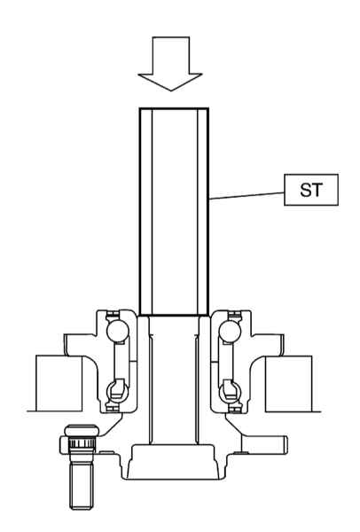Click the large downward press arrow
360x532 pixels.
coord(170,63)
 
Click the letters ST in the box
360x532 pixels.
coord(311,190)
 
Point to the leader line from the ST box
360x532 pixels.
coord(247,196)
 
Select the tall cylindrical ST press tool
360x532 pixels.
coord(174,212)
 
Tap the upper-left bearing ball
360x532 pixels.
coord(117,332)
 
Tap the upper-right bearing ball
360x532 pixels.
coord(230,332)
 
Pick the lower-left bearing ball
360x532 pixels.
coord(117,391)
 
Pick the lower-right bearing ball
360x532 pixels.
coord(230,391)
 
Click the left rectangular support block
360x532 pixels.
coord(59,383)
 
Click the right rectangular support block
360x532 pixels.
coord(288,384)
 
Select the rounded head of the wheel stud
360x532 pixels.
coord(82,431)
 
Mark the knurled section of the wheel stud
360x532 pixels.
coord(82,443)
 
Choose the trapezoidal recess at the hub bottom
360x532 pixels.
coord(174,461)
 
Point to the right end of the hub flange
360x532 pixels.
coord(286,445)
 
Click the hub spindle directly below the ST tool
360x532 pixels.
coord(174,380)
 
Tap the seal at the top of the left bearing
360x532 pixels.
coord(113,315)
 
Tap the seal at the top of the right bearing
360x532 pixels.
coord(235,315)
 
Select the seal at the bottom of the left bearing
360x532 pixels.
coord(113,408)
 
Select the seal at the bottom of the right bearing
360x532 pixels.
coord(235,408)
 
